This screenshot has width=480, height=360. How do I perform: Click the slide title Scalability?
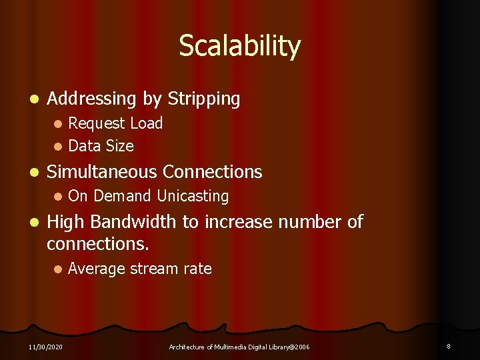click(x=239, y=47)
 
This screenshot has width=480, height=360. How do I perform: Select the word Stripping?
click(x=203, y=99)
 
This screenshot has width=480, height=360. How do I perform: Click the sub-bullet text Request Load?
click(x=115, y=123)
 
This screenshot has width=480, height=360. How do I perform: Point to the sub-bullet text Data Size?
click(x=101, y=146)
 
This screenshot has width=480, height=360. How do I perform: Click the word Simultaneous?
click(x=102, y=172)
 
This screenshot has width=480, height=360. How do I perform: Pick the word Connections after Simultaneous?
click(x=213, y=172)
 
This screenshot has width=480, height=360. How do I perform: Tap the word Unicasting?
click(x=193, y=196)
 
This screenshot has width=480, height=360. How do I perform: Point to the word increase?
click(x=241, y=221)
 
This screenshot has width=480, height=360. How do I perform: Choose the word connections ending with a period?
click(x=98, y=244)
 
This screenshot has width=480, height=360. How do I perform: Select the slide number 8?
click(x=449, y=346)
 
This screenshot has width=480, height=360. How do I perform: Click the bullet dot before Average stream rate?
click(x=58, y=269)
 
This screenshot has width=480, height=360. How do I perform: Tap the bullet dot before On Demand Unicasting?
click(x=58, y=197)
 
